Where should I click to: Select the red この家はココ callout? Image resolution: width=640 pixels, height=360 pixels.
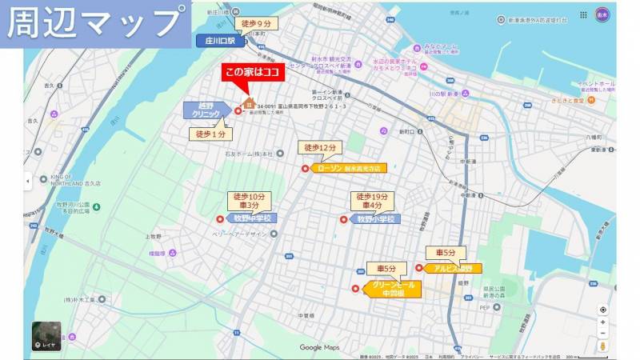click(252, 73)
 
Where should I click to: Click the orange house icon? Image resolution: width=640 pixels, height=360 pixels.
click(248, 103)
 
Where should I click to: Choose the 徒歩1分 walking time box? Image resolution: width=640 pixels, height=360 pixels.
click(210, 134)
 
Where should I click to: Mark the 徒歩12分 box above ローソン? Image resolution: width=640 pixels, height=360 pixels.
click(319, 148)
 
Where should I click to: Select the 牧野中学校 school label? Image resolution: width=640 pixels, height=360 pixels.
click(251, 218)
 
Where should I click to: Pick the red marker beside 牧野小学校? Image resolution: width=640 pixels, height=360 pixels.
click(344, 219)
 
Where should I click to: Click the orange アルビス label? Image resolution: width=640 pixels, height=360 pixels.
click(452, 268)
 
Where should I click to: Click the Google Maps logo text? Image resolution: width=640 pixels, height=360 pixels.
click(320, 347)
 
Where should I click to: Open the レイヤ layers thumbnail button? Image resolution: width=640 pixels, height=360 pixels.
click(46, 337)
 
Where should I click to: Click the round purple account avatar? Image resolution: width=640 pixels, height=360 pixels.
click(602, 14)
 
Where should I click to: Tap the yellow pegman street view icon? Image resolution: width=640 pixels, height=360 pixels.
click(602, 346)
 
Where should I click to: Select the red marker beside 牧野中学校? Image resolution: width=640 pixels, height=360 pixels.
click(219, 219)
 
